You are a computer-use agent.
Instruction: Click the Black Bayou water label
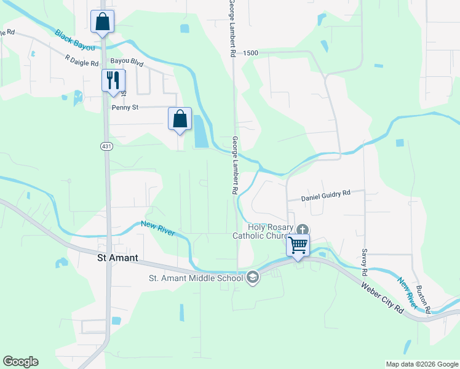[x=74, y=41]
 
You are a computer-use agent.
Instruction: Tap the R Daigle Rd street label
[x=82, y=60]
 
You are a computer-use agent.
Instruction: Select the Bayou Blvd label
[x=127, y=62]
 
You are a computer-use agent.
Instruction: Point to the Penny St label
[x=125, y=107]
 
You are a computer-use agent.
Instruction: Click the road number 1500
[x=250, y=54]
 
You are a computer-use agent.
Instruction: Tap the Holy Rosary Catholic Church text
[x=264, y=231]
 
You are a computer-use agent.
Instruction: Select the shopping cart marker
[x=298, y=245]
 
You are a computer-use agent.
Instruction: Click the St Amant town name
[x=122, y=258]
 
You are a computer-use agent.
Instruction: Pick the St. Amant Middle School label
[x=196, y=278]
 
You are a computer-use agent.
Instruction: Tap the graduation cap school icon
[x=252, y=278]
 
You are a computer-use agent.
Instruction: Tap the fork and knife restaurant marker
[x=113, y=81]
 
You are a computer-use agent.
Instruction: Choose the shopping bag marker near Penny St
[x=180, y=119]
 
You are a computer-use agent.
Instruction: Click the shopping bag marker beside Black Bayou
[x=102, y=22]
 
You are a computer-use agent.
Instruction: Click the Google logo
[x=20, y=362]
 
